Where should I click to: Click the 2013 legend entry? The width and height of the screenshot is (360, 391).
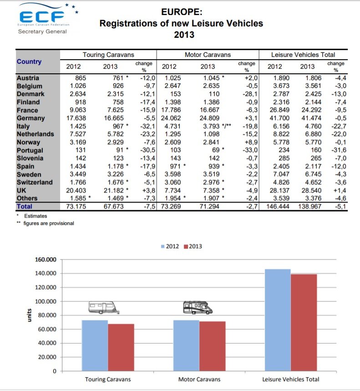pos(193,246)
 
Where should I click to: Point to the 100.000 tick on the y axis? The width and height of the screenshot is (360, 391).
pos(46,301)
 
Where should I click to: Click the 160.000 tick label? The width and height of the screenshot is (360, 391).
pos(46,259)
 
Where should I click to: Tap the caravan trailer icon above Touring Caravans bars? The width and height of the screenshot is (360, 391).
pos(105,307)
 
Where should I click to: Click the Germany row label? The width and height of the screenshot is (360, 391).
pos(31,118)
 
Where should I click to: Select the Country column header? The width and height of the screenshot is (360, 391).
pos(29,62)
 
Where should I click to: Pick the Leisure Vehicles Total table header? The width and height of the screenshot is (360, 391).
pos(303,55)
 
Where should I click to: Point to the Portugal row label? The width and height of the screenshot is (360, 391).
pos(30,150)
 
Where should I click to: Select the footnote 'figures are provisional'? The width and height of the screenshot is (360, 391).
pos(48,223)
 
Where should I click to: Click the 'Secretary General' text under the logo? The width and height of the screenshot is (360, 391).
pos(42,31)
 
